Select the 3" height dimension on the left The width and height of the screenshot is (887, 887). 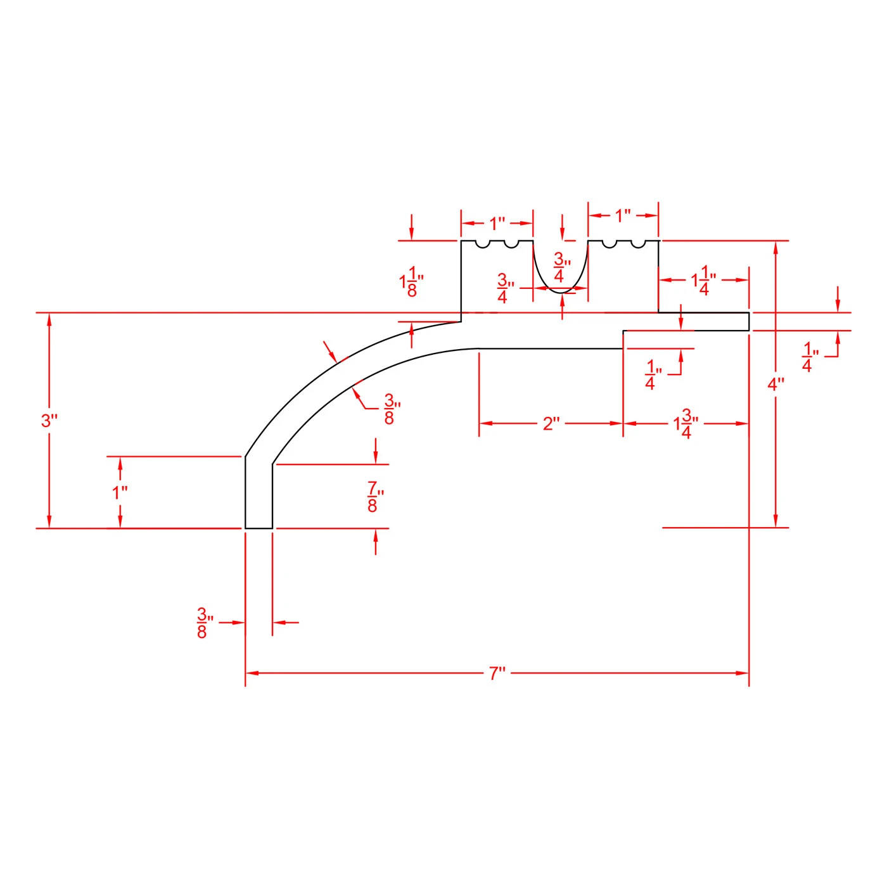click(49, 420)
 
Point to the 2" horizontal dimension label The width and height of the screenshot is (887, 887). click(551, 423)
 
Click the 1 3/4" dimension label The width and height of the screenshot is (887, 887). click(686, 423)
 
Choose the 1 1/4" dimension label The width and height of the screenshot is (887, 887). click(703, 280)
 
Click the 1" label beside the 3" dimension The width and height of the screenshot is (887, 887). click(120, 492)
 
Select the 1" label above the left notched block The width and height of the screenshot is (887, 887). click(497, 224)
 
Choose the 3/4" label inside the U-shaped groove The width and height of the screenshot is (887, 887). click(561, 267)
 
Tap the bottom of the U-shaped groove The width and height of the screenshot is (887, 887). click(561, 292)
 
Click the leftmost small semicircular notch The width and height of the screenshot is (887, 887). click(482, 245)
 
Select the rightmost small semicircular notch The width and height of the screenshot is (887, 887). click(637, 245)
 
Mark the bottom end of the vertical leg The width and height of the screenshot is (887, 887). click(258, 528)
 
